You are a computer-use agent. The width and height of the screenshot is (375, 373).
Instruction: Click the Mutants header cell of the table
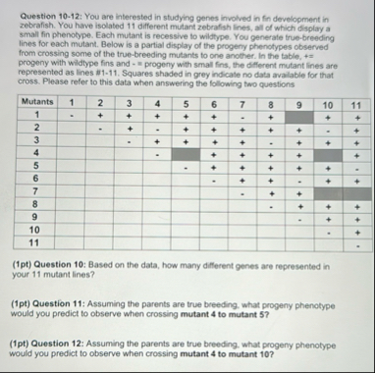(x=36, y=102)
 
